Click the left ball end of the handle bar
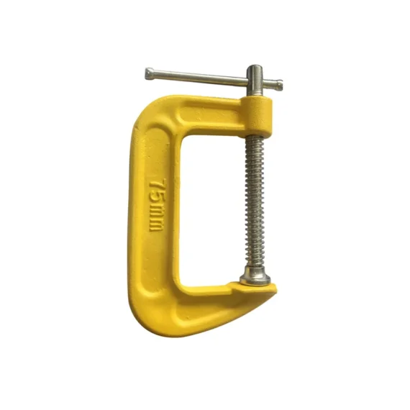[150, 74]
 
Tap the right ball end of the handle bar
[279, 85]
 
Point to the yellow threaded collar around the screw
[258, 116]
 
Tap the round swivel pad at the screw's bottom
[255, 276]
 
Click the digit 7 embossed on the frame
[158, 186]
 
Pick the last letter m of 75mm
[155, 225]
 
